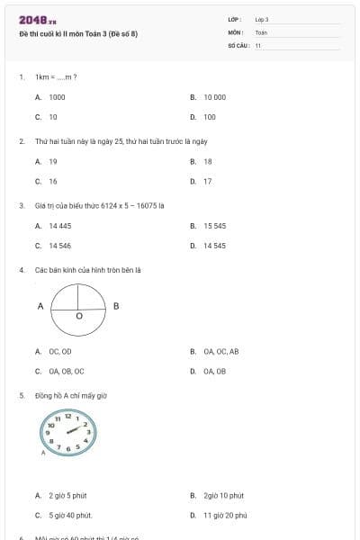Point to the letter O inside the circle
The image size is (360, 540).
point(78,316)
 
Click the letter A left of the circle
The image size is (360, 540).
point(40,306)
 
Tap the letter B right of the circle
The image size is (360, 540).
point(116,306)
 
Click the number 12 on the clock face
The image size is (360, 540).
point(67,416)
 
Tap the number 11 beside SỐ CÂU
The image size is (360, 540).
point(258,44)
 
